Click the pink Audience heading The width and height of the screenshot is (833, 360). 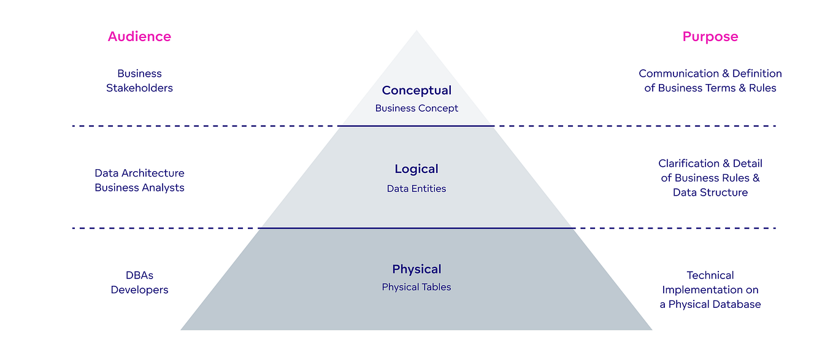click(139, 37)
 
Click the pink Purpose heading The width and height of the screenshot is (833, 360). click(710, 37)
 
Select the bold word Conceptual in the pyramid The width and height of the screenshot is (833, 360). click(416, 91)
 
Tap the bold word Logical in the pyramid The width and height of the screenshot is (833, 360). click(416, 169)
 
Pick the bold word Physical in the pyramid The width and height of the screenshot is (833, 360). click(416, 269)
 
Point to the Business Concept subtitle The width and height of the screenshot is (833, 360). click(416, 109)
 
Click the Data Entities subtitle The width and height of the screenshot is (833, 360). click(416, 189)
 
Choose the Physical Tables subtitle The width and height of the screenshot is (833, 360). click(416, 287)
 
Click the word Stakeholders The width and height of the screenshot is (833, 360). click(139, 88)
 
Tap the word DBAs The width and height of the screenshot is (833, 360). click(139, 275)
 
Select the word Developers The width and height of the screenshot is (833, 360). click(139, 290)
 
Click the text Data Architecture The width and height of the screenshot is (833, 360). click(139, 174)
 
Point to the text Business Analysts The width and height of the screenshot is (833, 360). click(139, 188)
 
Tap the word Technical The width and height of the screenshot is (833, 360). click(710, 275)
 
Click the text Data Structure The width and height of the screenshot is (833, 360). click(710, 193)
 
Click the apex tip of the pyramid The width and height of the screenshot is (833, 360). click(416, 31)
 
